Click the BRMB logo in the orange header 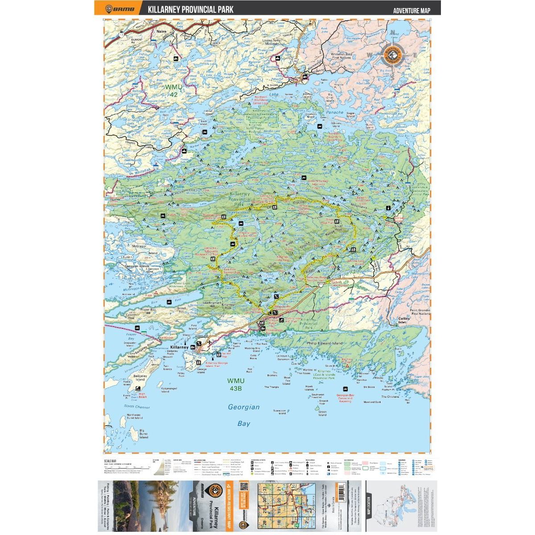[117, 8]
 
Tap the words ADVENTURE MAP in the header [412, 10]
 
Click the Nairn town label [161, 32]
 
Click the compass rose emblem [392, 55]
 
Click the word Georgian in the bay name [243, 407]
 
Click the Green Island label [322, 413]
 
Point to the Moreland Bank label [372, 402]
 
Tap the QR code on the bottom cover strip [243, 487]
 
